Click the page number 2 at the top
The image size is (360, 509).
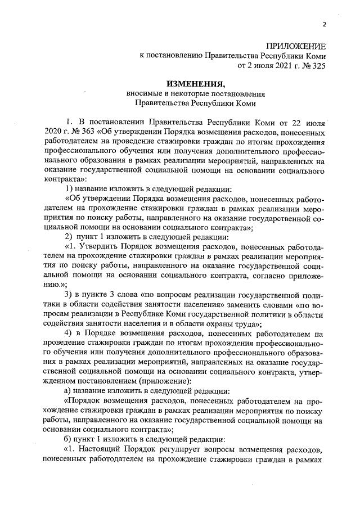point(324,24)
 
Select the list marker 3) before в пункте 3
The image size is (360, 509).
point(70,294)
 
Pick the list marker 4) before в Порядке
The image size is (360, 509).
point(70,332)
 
